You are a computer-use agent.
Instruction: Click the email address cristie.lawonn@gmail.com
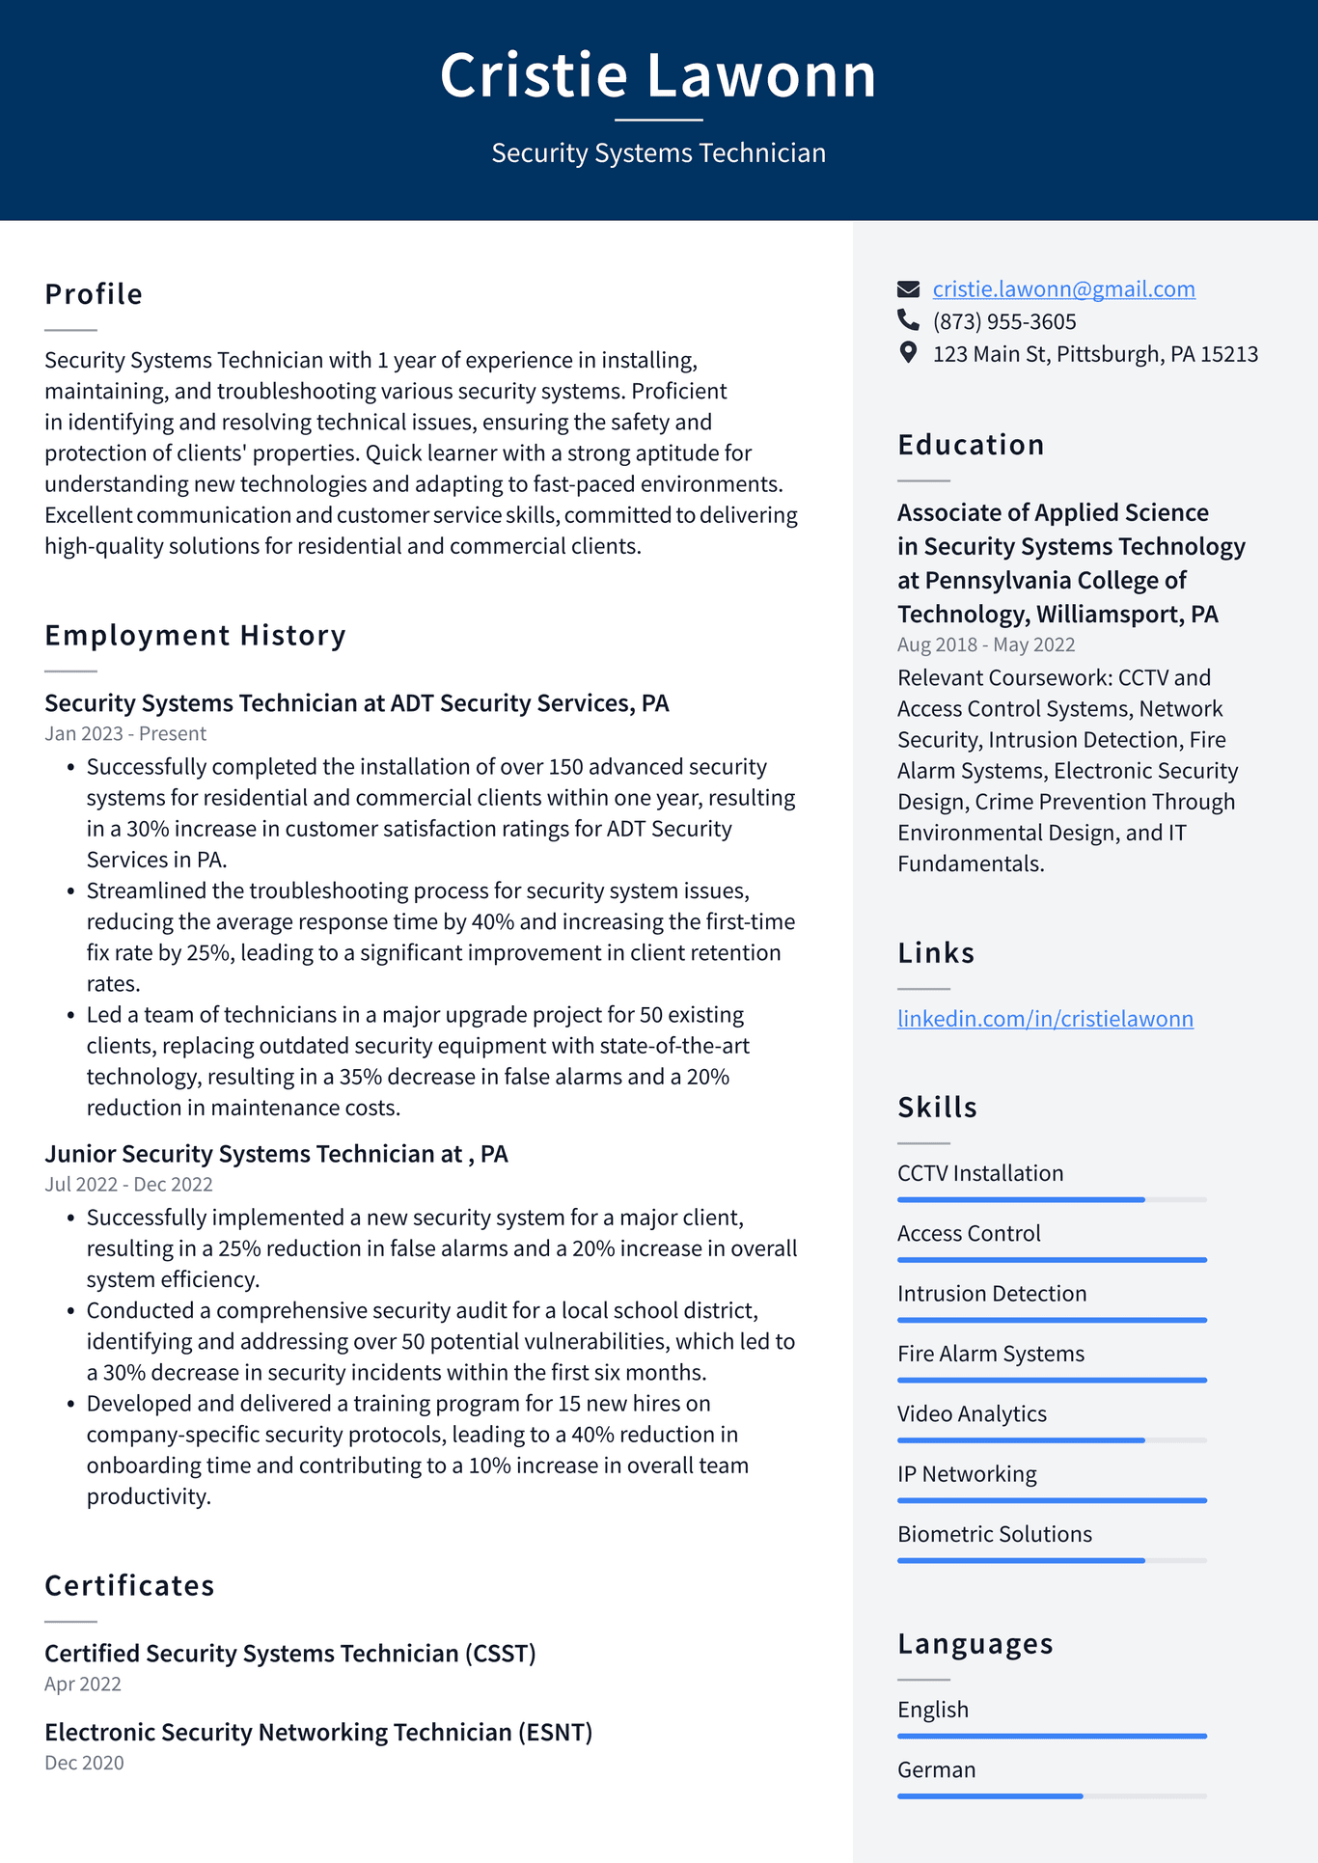[x=1063, y=289]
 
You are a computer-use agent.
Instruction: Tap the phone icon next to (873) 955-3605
[x=908, y=319]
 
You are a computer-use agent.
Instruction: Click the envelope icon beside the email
[x=908, y=288]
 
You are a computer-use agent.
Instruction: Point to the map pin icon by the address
[x=908, y=352]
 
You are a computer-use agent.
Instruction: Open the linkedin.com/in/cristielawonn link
[x=1045, y=1019]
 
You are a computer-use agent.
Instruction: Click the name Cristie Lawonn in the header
[x=658, y=75]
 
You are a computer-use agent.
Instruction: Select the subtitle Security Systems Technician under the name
[x=658, y=153]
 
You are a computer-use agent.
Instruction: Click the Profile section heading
[x=94, y=294]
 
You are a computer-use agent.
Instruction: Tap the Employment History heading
[x=195, y=636]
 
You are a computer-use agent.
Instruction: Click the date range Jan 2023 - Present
[x=125, y=733]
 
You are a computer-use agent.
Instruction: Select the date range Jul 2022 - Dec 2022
[x=128, y=1184]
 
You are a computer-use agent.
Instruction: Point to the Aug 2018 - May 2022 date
[x=986, y=644]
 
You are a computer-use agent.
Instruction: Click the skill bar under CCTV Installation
[x=1052, y=1199]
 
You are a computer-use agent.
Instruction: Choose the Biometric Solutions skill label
[x=994, y=1534]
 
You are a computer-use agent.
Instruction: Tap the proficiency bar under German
[x=1052, y=1795]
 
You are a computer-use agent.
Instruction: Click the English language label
[x=932, y=1710]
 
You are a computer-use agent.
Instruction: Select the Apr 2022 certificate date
[x=83, y=1684]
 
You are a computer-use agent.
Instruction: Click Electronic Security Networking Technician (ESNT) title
[x=318, y=1732]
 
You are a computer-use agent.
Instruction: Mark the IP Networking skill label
[x=967, y=1474]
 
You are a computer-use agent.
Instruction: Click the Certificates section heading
[x=129, y=1586]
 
